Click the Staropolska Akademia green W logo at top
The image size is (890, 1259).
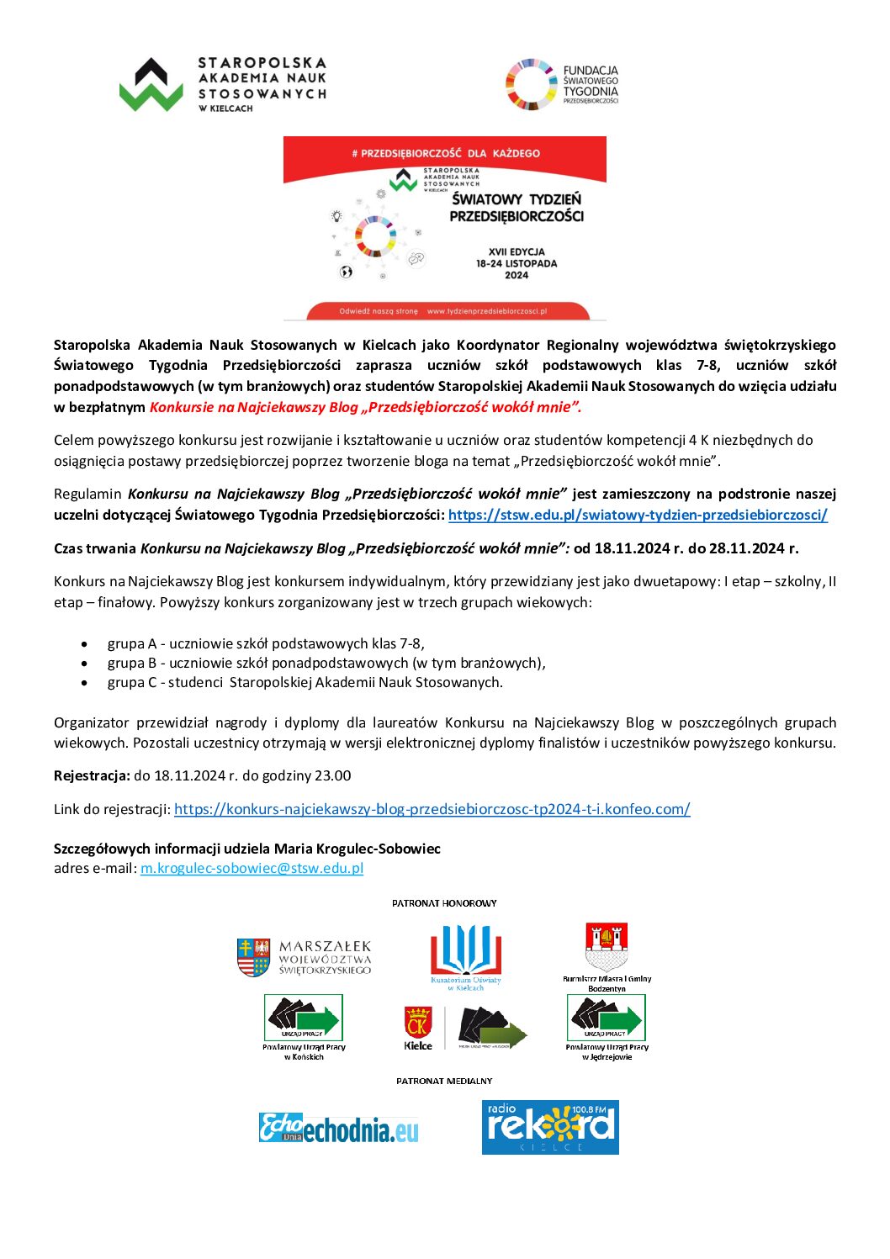[151, 85]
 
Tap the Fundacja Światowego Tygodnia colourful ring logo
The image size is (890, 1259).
[531, 85]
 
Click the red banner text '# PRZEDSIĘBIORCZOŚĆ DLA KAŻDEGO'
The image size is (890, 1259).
[445, 154]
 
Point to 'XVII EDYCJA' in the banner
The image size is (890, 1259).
[517, 251]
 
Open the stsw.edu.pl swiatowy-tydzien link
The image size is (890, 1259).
[638, 515]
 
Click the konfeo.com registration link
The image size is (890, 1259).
[432, 809]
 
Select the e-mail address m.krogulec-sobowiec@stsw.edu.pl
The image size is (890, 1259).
[252, 868]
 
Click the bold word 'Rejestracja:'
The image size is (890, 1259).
[92, 775]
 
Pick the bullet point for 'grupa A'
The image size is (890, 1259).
[84, 644]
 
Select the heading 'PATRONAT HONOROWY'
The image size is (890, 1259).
[444, 903]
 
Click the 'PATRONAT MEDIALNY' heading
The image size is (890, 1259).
[444, 1081]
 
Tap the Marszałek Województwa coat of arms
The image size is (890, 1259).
[253, 957]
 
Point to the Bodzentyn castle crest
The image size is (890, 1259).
[607, 947]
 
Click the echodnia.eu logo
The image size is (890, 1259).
[338, 1128]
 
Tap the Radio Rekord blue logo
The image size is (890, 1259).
[550, 1127]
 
